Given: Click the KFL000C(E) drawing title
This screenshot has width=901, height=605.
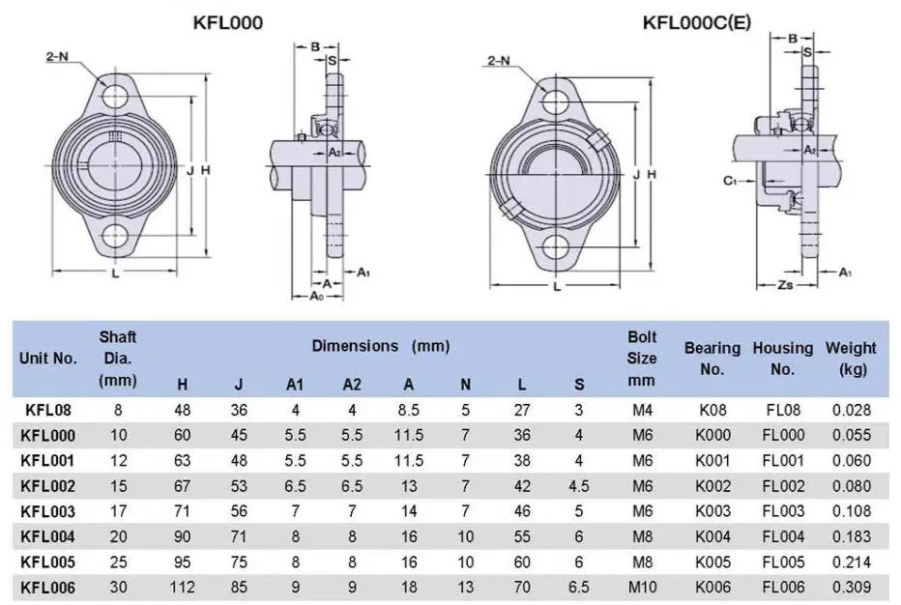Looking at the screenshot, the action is (x=696, y=22).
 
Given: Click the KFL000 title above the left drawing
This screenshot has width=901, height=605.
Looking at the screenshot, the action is (x=228, y=22).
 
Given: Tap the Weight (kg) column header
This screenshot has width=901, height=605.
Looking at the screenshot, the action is (x=851, y=359).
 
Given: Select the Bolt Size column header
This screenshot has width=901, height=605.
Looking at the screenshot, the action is (x=641, y=359).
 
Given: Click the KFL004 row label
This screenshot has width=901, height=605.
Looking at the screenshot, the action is (x=47, y=536).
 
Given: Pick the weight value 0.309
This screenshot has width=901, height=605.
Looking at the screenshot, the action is (x=852, y=588).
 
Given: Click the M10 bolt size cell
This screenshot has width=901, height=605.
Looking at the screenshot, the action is (x=642, y=588).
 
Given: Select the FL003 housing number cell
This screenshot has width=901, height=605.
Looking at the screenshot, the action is (x=782, y=511).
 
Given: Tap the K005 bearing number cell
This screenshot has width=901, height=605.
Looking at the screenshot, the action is (x=712, y=562).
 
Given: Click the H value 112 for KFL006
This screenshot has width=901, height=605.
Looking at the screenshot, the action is (x=182, y=588).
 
